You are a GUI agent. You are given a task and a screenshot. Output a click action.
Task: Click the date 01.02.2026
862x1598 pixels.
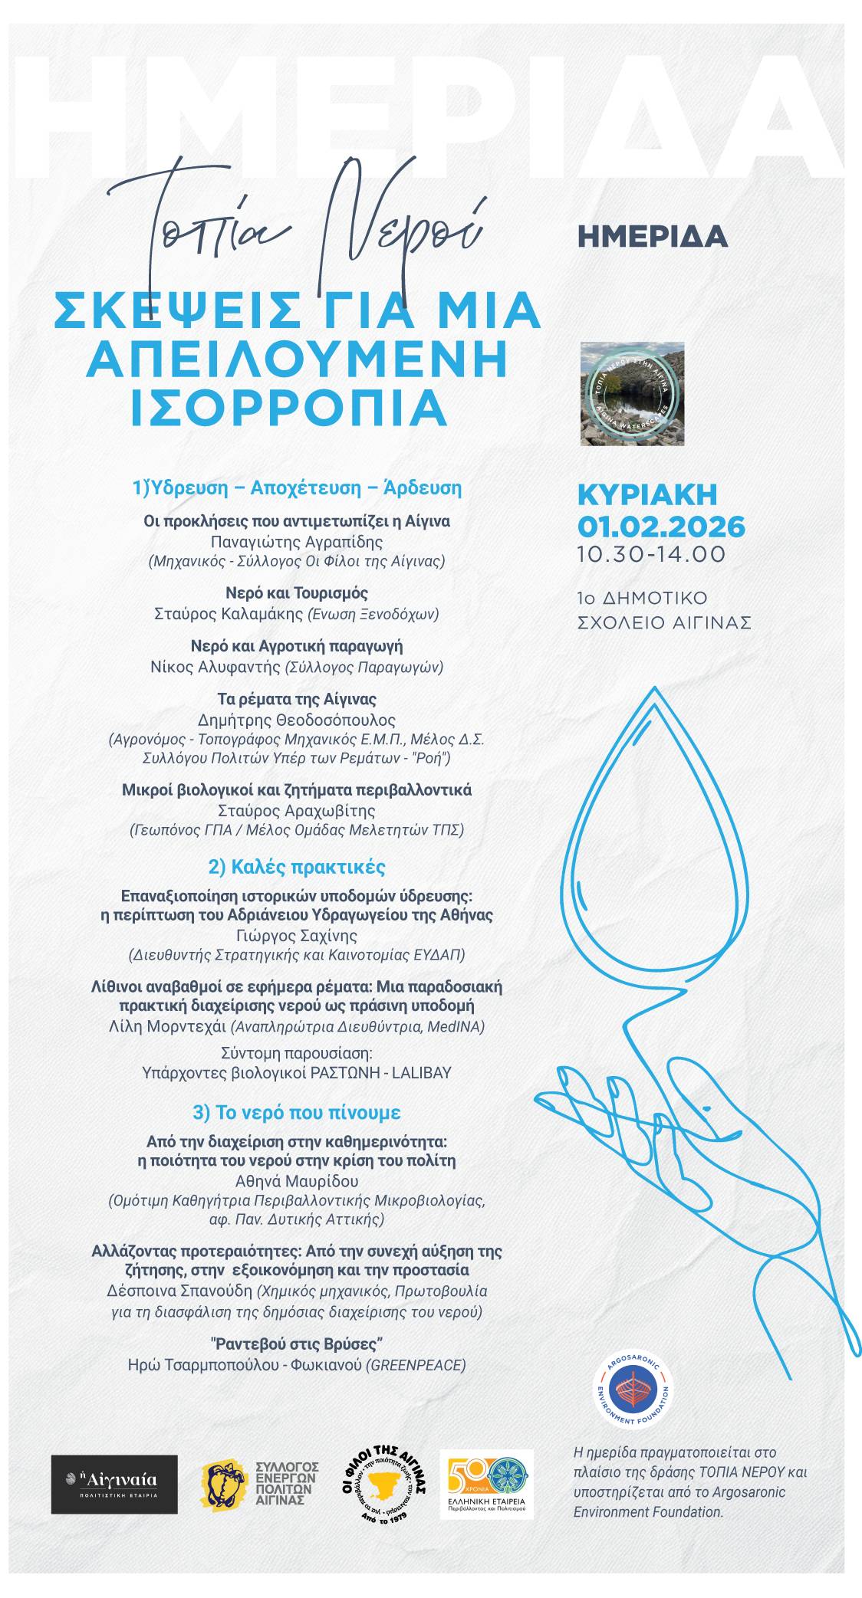[x=661, y=527]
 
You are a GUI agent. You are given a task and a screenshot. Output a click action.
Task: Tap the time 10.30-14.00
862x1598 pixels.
[x=651, y=554]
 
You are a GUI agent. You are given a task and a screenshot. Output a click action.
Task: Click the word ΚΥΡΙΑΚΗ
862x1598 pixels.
[x=647, y=495]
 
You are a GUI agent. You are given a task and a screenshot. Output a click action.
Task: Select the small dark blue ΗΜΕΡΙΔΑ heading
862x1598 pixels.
[x=652, y=237]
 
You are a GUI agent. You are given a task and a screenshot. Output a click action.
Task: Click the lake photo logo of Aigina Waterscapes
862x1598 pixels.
[x=633, y=393]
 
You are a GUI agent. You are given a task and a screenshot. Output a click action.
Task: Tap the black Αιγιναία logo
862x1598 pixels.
[x=114, y=1484]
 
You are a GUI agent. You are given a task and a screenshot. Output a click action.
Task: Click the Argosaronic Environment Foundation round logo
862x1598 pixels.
[x=634, y=1390]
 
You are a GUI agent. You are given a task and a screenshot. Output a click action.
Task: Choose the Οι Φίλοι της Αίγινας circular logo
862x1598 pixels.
[x=383, y=1484]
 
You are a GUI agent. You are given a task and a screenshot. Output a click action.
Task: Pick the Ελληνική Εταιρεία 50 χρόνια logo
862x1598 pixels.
[x=486, y=1484]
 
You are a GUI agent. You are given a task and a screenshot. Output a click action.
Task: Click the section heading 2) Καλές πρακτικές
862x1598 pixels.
[x=297, y=867]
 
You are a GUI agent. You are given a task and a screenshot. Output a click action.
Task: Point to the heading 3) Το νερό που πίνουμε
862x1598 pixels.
[x=297, y=1112]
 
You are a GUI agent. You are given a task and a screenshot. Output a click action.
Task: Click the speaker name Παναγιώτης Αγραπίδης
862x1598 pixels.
[x=297, y=541]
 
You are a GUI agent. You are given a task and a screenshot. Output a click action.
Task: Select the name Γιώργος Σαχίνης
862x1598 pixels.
[x=297, y=935]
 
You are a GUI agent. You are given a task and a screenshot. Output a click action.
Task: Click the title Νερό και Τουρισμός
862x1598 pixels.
[x=297, y=592]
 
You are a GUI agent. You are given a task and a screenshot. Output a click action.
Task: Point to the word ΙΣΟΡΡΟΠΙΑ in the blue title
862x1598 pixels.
[x=288, y=407]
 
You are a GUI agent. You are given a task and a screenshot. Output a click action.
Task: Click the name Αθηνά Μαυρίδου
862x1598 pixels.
[x=297, y=1181]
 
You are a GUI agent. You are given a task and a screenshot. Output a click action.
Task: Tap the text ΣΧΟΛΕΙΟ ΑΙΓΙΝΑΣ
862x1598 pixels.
[x=664, y=622]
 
